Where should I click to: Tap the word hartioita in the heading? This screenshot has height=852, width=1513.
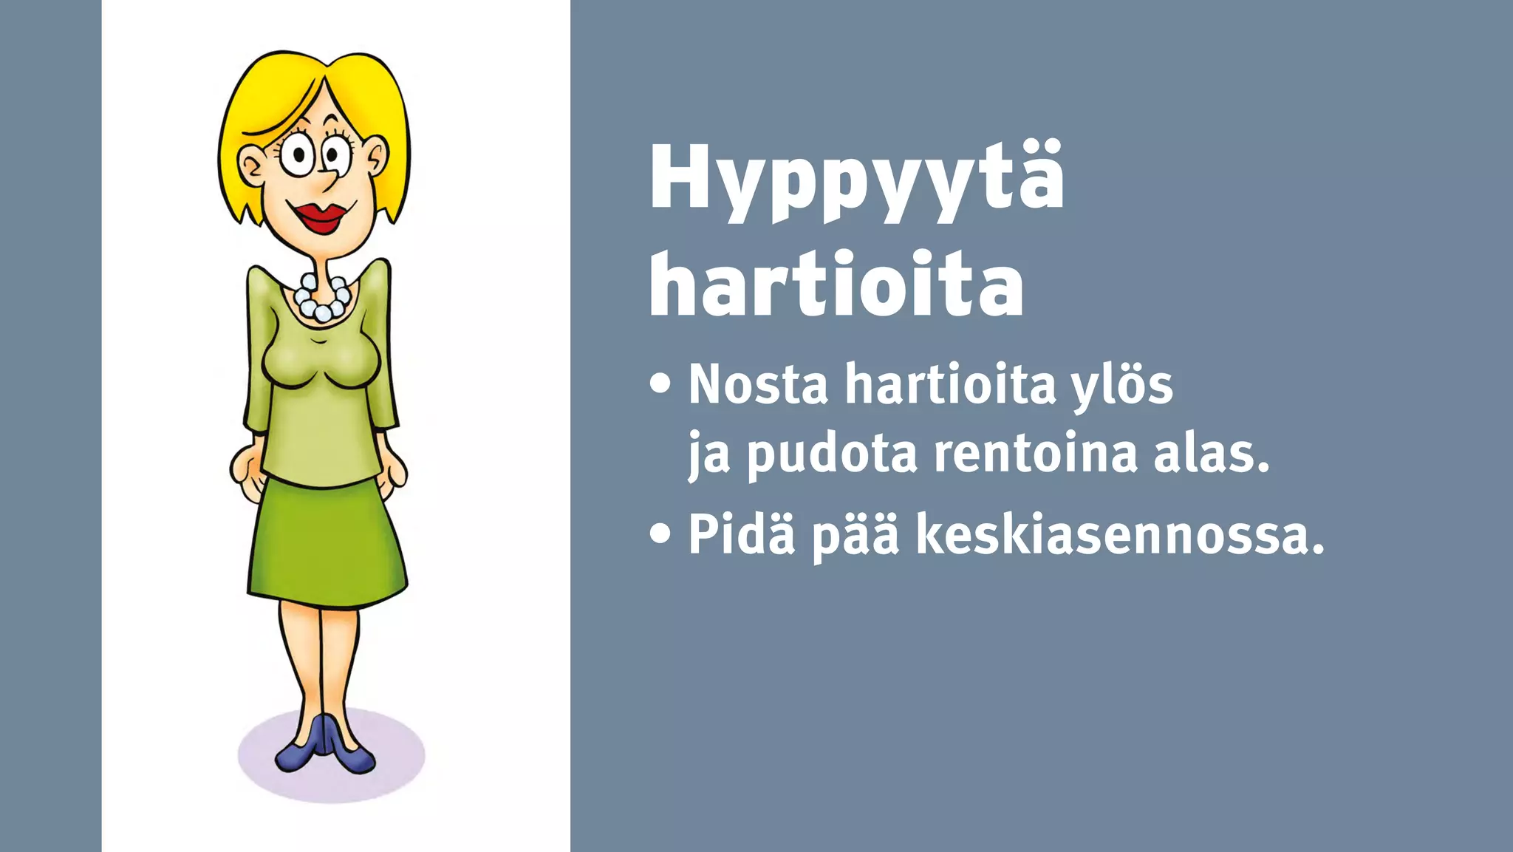[x=836, y=284]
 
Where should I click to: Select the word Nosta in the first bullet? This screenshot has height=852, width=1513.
[x=758, y=384]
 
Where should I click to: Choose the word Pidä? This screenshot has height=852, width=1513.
[x=741, y=534]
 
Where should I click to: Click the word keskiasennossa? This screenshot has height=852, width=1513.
[x=1119, y=534]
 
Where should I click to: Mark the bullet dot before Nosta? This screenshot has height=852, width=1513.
[x=660, y=384]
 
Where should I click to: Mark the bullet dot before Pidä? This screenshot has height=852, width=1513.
[x=660, y=534]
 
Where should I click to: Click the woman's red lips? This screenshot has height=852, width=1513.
[x=321, y=217]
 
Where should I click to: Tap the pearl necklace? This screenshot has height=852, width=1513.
[x=321, y=299]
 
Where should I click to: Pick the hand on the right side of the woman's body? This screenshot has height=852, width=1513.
[x=393, y=469]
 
